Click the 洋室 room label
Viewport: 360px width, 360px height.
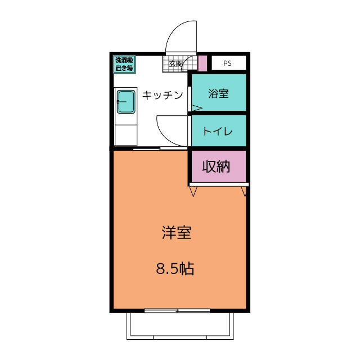[x=177, y=233]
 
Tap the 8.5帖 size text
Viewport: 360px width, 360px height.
[x=175, y=269]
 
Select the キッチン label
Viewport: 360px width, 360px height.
[x=162, y=95]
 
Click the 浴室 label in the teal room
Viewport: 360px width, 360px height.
[x=218, y=94]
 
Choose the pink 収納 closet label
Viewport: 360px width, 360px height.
[x=217, y=166]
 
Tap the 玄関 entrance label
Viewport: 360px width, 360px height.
[x=176, y=64]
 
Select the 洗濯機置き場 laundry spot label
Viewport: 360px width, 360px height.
[x=124, y=64]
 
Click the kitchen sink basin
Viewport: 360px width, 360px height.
[x=125, y=102]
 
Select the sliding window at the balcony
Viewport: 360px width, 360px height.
[x=177, y=310]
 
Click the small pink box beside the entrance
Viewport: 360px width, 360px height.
[x=202, y=62]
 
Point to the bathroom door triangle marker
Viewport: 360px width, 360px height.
[x=197, y=107]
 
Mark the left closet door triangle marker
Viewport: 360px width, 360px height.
[x=193, y=192]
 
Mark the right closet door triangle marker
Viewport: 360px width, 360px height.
[x=244, y=192]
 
